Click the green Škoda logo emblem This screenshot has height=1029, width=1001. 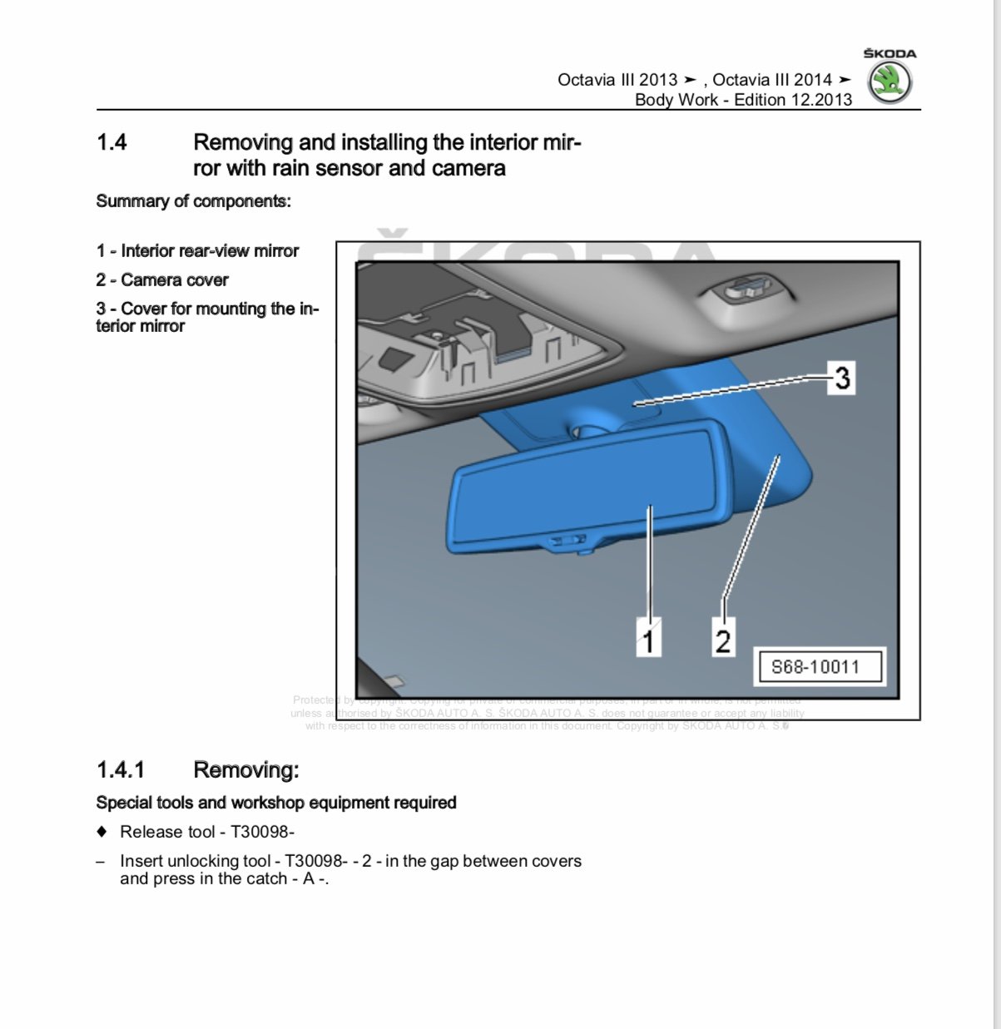pyautogui.click(x=890, y=82)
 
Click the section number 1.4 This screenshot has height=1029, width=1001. pyautogui.click(x=111, y=142)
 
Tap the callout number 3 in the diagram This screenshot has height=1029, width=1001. pyautogui.click(x=842, y=378)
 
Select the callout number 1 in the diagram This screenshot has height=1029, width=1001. pyautogui.click(x=648, y=640)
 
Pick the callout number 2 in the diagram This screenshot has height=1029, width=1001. pyautogui.click(x=722, y=640)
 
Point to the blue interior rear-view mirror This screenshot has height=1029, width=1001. pyautogui.click(x=582, y=491)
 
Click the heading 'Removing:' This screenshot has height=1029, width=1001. pyautogui.click(x=245, y=769)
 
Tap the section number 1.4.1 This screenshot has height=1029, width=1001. pyautogui.click(x=121, y=769)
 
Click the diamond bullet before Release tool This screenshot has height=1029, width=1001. pyautogui.click(x=102, y=831)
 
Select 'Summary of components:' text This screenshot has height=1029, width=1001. pyautogui.click(x=193, y=201)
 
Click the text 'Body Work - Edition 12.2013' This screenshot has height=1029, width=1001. pyautogui.click(x=743, y=100)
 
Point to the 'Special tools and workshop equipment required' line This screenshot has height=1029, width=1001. pyautogui.click(x=276, y=803)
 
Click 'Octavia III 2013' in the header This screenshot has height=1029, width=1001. pyautogui.click(x=617, y=80)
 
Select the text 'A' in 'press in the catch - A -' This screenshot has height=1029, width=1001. pyautogui.click(x=309, y=879)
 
